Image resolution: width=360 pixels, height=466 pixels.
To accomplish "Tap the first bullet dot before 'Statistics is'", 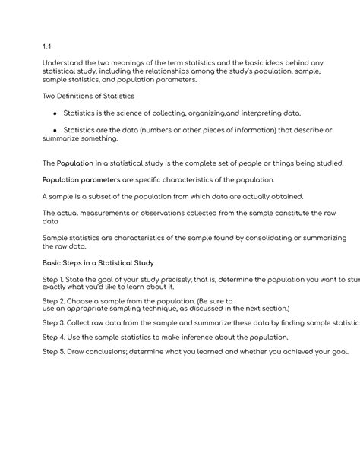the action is (55, 113).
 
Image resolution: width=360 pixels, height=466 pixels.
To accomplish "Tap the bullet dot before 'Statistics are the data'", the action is (55, 130).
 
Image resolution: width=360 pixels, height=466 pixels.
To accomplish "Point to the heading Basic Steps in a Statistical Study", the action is (98, 263).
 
